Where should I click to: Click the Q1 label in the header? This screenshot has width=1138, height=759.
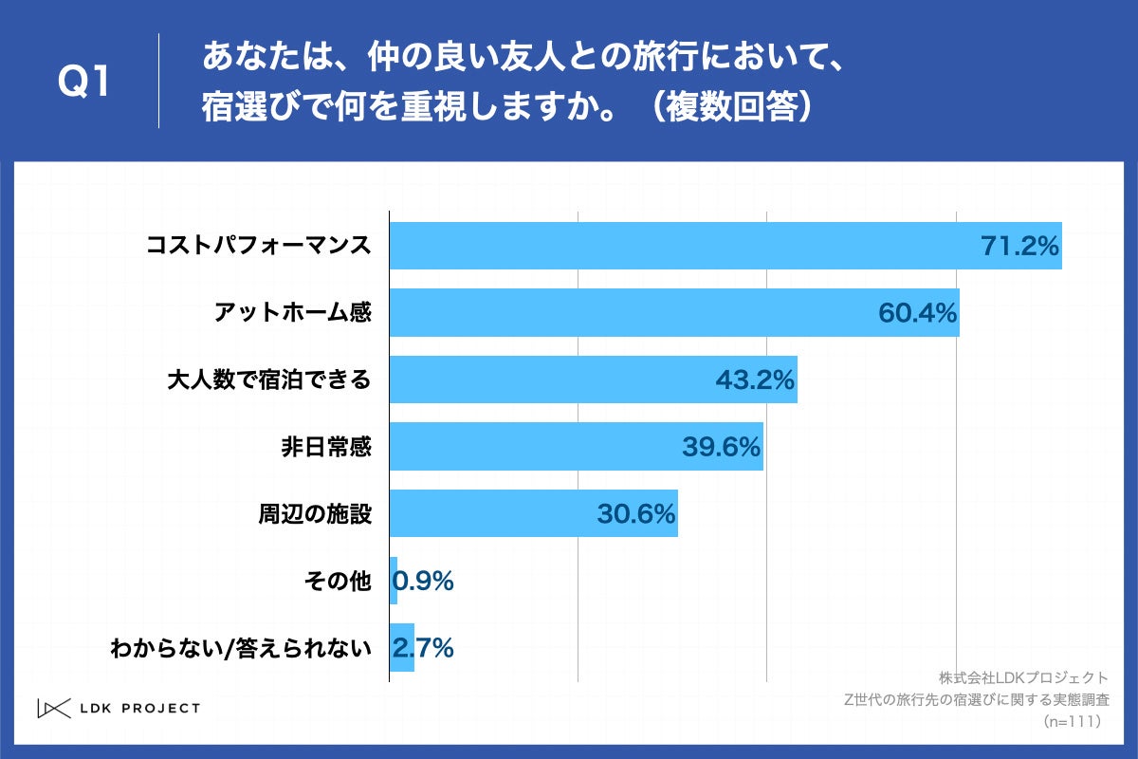point(84,83)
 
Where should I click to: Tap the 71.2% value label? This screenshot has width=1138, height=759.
point(1019,248)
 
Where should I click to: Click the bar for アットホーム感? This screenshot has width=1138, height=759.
point(674,313)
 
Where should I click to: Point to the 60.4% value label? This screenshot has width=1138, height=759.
point(917,313)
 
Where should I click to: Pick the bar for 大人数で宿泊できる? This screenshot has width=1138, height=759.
point(593,379)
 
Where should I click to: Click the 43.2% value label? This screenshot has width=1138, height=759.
point(754,380)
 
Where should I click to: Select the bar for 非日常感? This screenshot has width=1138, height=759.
point(576,447)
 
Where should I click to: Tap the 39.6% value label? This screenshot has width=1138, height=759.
point(721,447)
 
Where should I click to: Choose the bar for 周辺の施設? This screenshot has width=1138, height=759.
point(533,513)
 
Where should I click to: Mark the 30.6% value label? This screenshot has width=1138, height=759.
point(635,514)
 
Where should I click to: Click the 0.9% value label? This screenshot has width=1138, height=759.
point(423,581)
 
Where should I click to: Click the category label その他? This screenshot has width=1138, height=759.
point(338,581)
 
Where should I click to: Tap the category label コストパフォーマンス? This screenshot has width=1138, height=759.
point(258,247)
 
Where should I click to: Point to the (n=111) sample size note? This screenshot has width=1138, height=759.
point(1071,722)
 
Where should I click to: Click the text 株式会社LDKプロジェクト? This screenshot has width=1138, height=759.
point(1023,677)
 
